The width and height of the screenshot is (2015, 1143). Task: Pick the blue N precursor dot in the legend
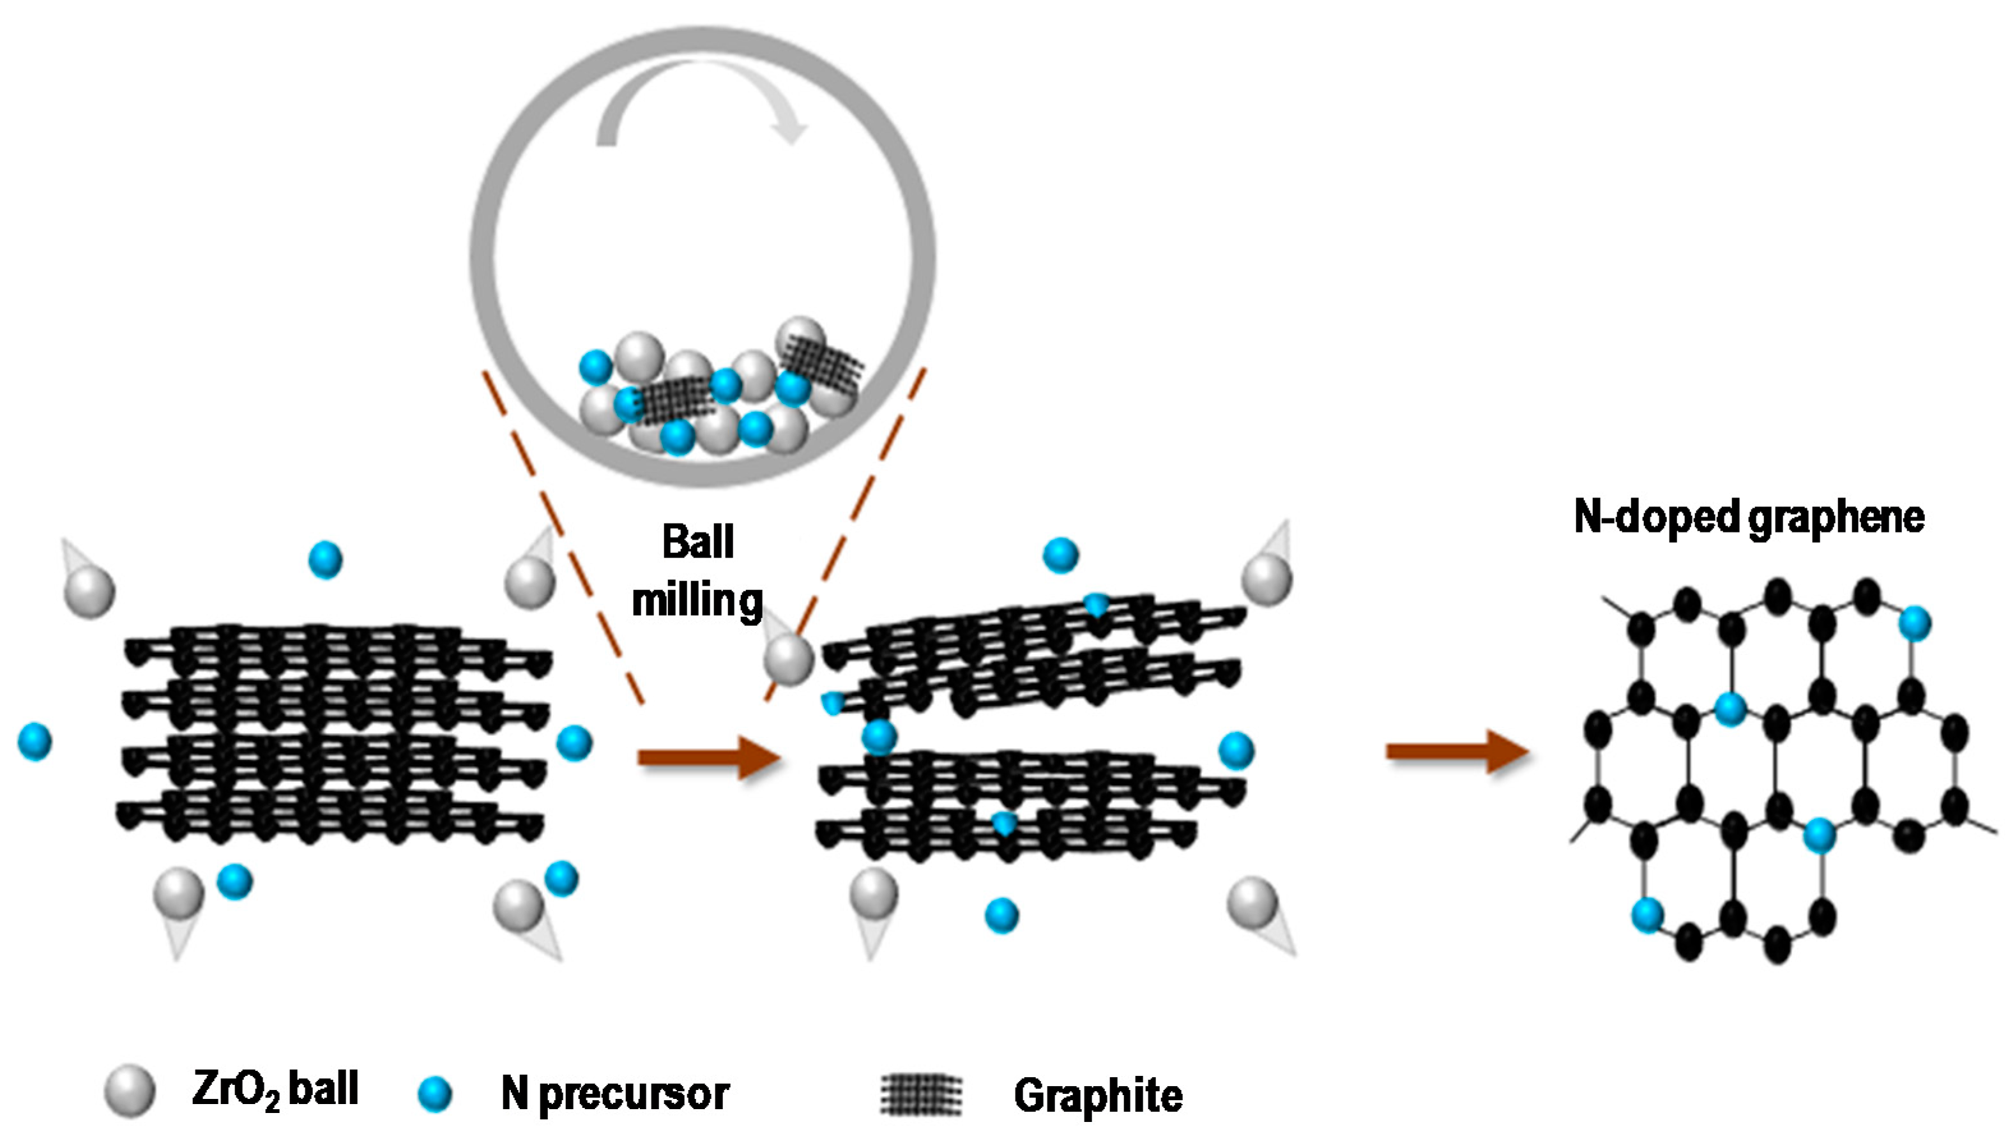(x=435, y=1094)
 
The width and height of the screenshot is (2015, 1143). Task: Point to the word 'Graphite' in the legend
(x=1097, y=1095)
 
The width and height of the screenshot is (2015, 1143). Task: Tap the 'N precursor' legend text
(x=614, y=1094)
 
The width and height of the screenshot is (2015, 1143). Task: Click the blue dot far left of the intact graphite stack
(x=34, y=742)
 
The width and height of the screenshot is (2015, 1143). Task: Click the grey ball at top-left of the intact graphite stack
(x=89, y=592)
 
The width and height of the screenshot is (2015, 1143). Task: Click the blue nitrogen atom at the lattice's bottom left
(x=1647, y=914)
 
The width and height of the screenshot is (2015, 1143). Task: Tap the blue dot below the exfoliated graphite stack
(x=1001, y=914)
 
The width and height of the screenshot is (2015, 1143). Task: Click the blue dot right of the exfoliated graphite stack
(x=1236, y=750)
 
